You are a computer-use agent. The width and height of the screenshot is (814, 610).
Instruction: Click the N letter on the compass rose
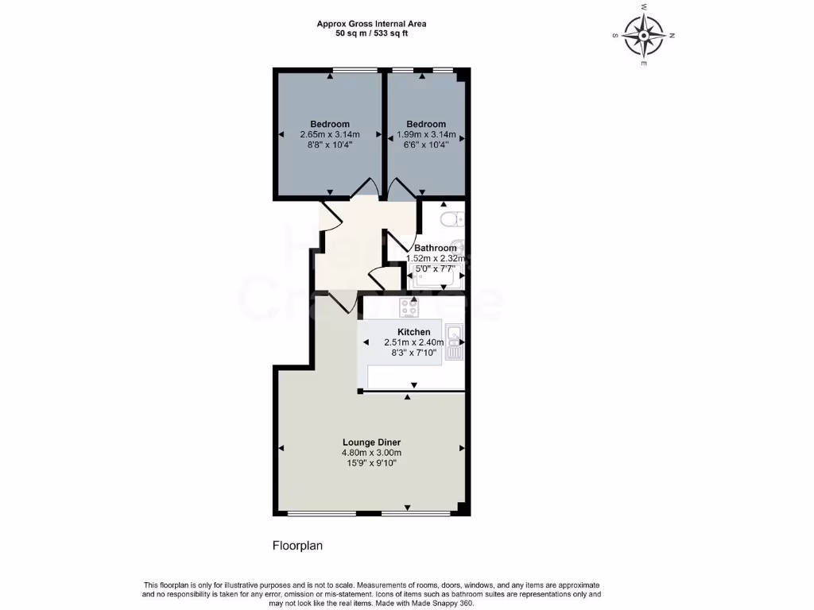(x=672, y=36)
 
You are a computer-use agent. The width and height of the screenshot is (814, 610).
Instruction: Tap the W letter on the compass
(x=643, y=6)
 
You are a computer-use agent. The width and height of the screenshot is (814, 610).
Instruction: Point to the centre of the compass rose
(x=643, y=35)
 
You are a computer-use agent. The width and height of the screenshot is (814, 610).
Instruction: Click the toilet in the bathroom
(x=451, y=218)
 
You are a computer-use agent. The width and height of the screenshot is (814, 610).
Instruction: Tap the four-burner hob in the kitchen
(x=409, y=306)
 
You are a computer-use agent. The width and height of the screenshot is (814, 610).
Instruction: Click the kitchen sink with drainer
(x=455, y=342)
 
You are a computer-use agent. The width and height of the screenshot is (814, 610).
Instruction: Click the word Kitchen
(x=414, y=332)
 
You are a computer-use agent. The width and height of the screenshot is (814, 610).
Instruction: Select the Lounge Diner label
(x=371, y=442)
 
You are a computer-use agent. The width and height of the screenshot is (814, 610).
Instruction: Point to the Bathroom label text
(x=435, y=248)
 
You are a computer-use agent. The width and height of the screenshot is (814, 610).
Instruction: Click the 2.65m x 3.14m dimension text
(x=330, y=135)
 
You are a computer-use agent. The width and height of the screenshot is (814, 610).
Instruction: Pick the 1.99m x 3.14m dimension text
(x=426, y=135)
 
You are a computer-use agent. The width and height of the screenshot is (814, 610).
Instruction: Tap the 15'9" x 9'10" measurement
(x=371, y=463)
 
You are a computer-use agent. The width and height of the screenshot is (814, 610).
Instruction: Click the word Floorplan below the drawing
(x=298, y=546)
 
